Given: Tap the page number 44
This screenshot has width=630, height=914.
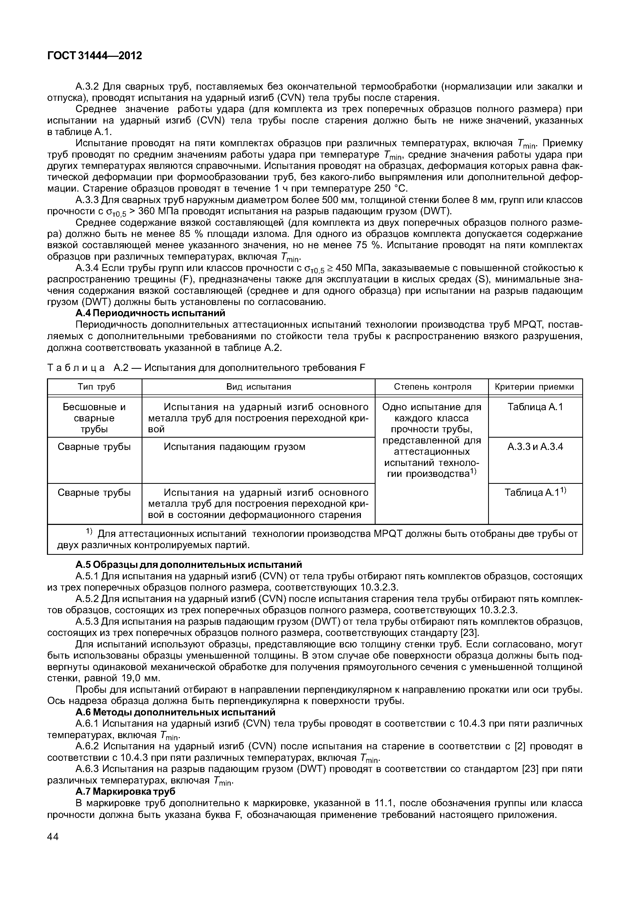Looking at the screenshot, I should tap(53, 837).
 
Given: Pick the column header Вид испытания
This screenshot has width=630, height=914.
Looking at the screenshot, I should tap(258, 387).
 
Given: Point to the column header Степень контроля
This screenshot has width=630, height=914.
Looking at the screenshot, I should tap(432, 387).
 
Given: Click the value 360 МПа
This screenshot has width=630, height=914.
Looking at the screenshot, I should tap(162, 211).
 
